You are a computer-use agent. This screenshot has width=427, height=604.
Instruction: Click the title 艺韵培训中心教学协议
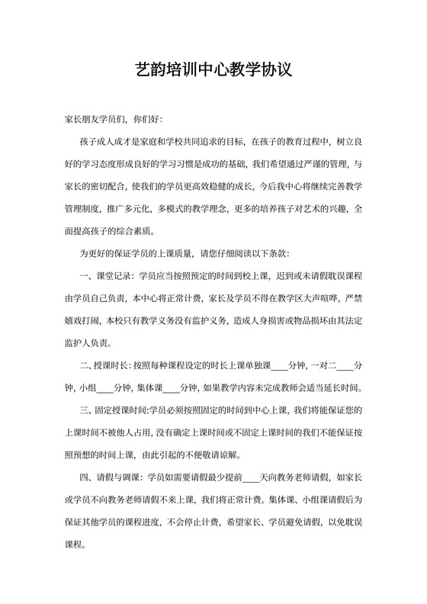213,72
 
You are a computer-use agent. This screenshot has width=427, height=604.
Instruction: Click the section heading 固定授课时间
125,410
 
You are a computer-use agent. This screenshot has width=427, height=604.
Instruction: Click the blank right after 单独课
280,365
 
